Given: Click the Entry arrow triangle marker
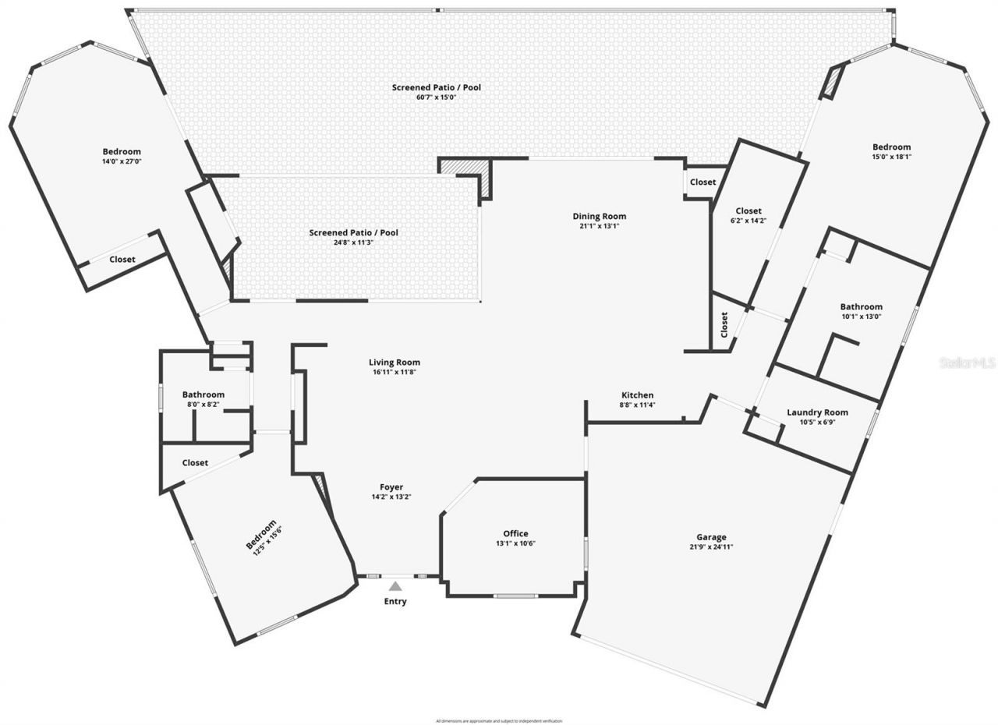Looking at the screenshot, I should point(395,586).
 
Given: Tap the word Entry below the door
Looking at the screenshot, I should point(395,602).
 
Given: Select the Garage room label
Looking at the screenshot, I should point(711,537).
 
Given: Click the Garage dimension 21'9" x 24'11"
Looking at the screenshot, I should point(711,547).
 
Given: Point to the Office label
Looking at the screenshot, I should point(515,534).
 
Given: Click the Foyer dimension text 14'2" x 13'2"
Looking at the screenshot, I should point(391,497).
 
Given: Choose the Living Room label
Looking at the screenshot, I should point(395,362).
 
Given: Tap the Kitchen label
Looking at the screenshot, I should point(637,395).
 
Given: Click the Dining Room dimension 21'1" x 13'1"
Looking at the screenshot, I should point(599,227).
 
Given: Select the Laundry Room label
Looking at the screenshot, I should point(817,412).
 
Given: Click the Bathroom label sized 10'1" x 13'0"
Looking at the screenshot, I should point(861,307).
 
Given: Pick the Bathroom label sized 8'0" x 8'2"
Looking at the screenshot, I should point(203,394).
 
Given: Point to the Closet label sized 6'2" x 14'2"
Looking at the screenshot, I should point(748,211).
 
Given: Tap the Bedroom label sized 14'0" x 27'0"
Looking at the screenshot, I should point(122,151).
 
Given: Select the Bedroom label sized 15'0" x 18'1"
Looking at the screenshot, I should point(891,147).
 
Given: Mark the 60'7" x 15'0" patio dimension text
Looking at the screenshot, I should point(436,97).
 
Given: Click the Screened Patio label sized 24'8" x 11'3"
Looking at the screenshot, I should point(353,233).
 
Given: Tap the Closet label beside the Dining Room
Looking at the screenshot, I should point(702,182).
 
